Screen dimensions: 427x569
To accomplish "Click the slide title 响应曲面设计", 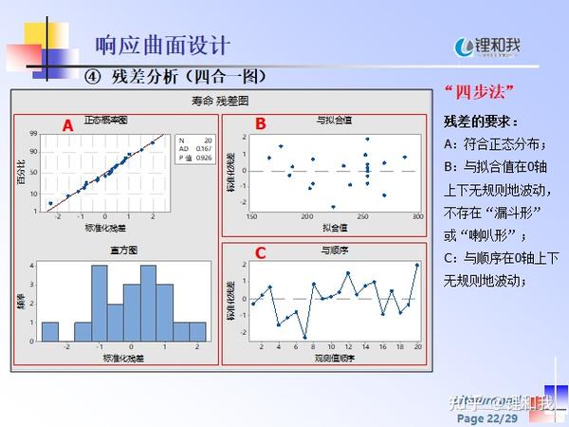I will (x=162, y=44).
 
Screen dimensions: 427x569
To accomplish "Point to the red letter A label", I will (x=67, y=125).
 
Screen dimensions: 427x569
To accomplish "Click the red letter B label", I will (x=261, y=123).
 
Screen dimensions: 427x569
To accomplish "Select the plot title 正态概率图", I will (x=105, y=121).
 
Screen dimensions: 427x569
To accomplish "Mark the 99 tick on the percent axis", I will (x=33, y=134).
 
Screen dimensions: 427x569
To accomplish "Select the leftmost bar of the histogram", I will (x=51, y=331).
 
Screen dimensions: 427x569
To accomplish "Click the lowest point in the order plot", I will (x=304, y=337).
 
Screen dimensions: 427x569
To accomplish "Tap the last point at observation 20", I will (x=416, y=265).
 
